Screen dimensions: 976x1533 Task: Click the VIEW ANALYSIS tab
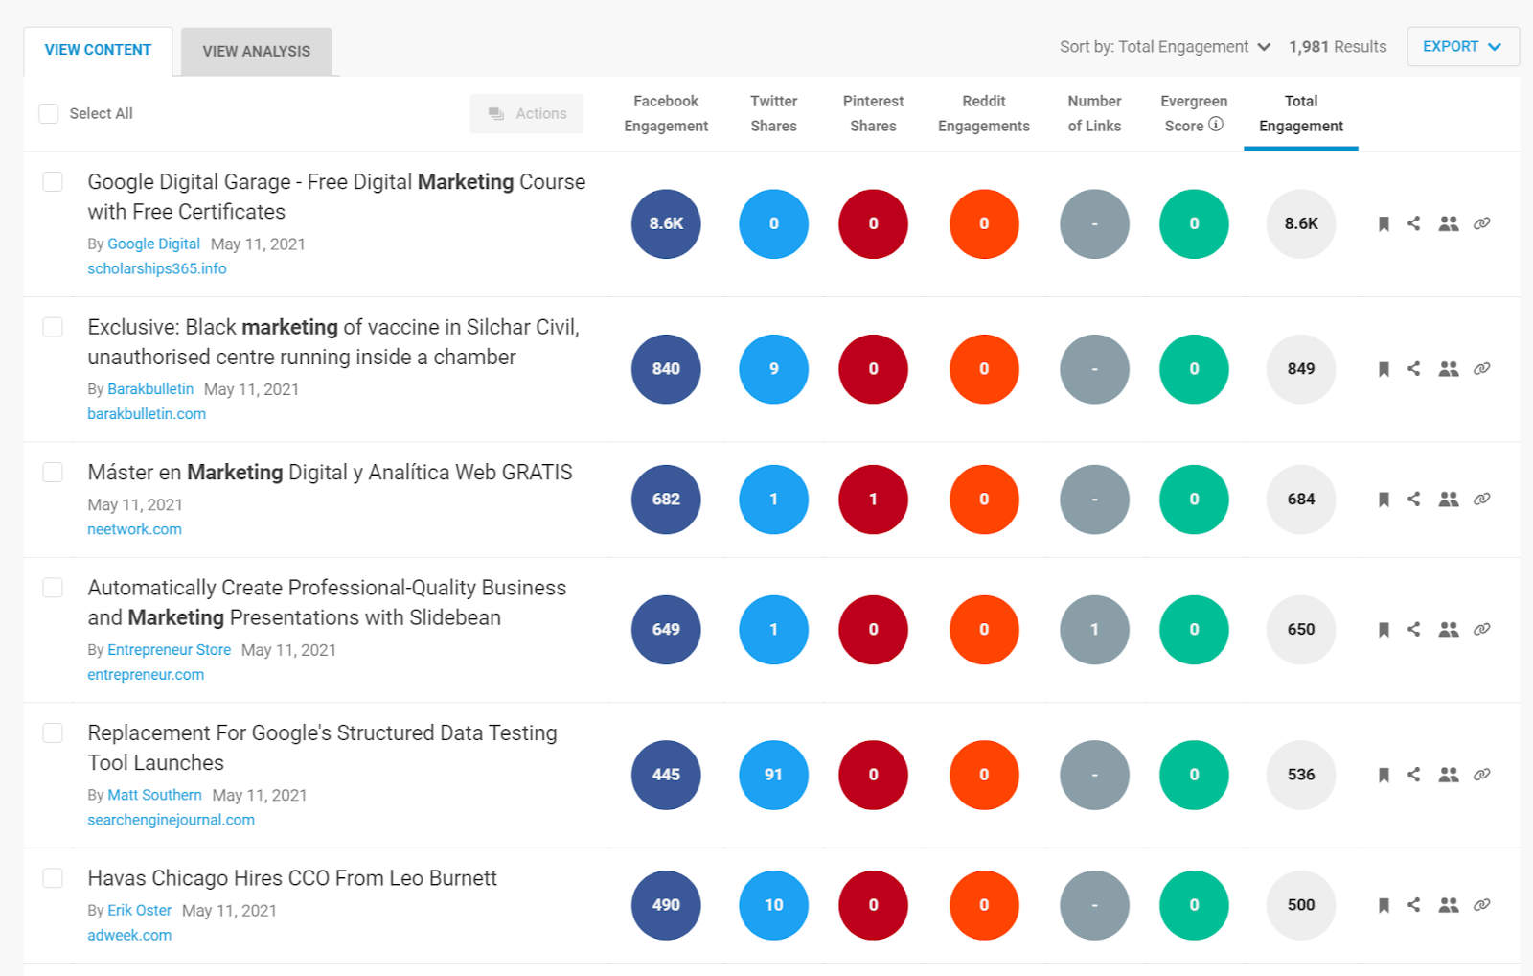pos(256,51)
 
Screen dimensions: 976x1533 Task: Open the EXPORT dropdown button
pos(1462,46)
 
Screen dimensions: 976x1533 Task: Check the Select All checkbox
pos(49,113)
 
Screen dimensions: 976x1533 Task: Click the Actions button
pos(527,113)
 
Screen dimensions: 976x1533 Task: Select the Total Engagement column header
pos(1300,113)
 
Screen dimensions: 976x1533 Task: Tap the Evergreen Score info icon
pos(1216,124)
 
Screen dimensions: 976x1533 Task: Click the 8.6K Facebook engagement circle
pos(666,223)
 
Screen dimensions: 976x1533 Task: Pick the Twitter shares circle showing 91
pos(773,775)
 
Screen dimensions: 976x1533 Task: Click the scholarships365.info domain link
pos(157,268)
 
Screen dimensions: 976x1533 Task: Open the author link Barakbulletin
pos(150,389)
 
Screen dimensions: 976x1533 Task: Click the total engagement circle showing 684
pos(1300,500)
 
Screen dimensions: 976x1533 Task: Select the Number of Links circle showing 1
pos(1094,630)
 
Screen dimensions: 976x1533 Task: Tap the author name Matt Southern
pos(154,795)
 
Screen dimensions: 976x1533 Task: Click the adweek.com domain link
pos(129,935)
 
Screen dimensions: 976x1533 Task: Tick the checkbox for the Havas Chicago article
pos(53,878)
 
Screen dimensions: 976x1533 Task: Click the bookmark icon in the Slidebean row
pos(1384,630)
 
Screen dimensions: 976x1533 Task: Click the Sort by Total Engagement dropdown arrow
pos(1264,47)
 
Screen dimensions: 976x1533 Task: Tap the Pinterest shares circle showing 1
pos(873,500)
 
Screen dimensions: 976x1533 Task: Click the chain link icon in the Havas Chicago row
pos(1481,905)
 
